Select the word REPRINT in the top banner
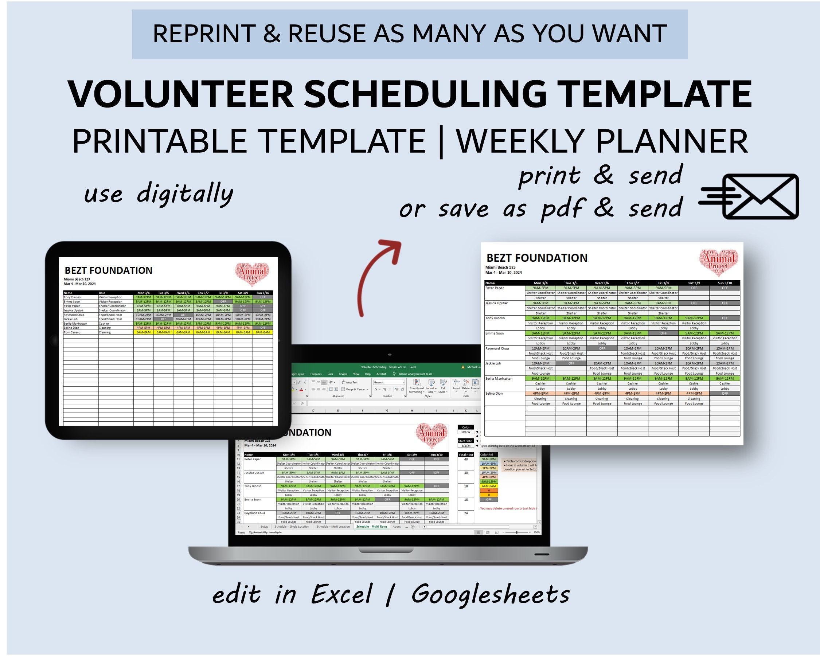tap(204, 34)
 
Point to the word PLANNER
tap(672, 141)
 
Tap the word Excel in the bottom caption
tap(341, 594)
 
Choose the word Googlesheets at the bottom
tap(490, 594)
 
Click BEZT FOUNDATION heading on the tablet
tap(108, 270)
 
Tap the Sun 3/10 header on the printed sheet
tap(725, 283)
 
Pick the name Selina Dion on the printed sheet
tap(494, 394)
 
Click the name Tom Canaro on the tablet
tap(72, 332)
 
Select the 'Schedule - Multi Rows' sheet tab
tap(372, 527)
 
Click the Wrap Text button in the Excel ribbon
tap(350, 382)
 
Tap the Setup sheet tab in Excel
tap(264, 527)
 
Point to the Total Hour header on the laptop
tap(466, 454)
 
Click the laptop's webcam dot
tap(390, 355)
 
